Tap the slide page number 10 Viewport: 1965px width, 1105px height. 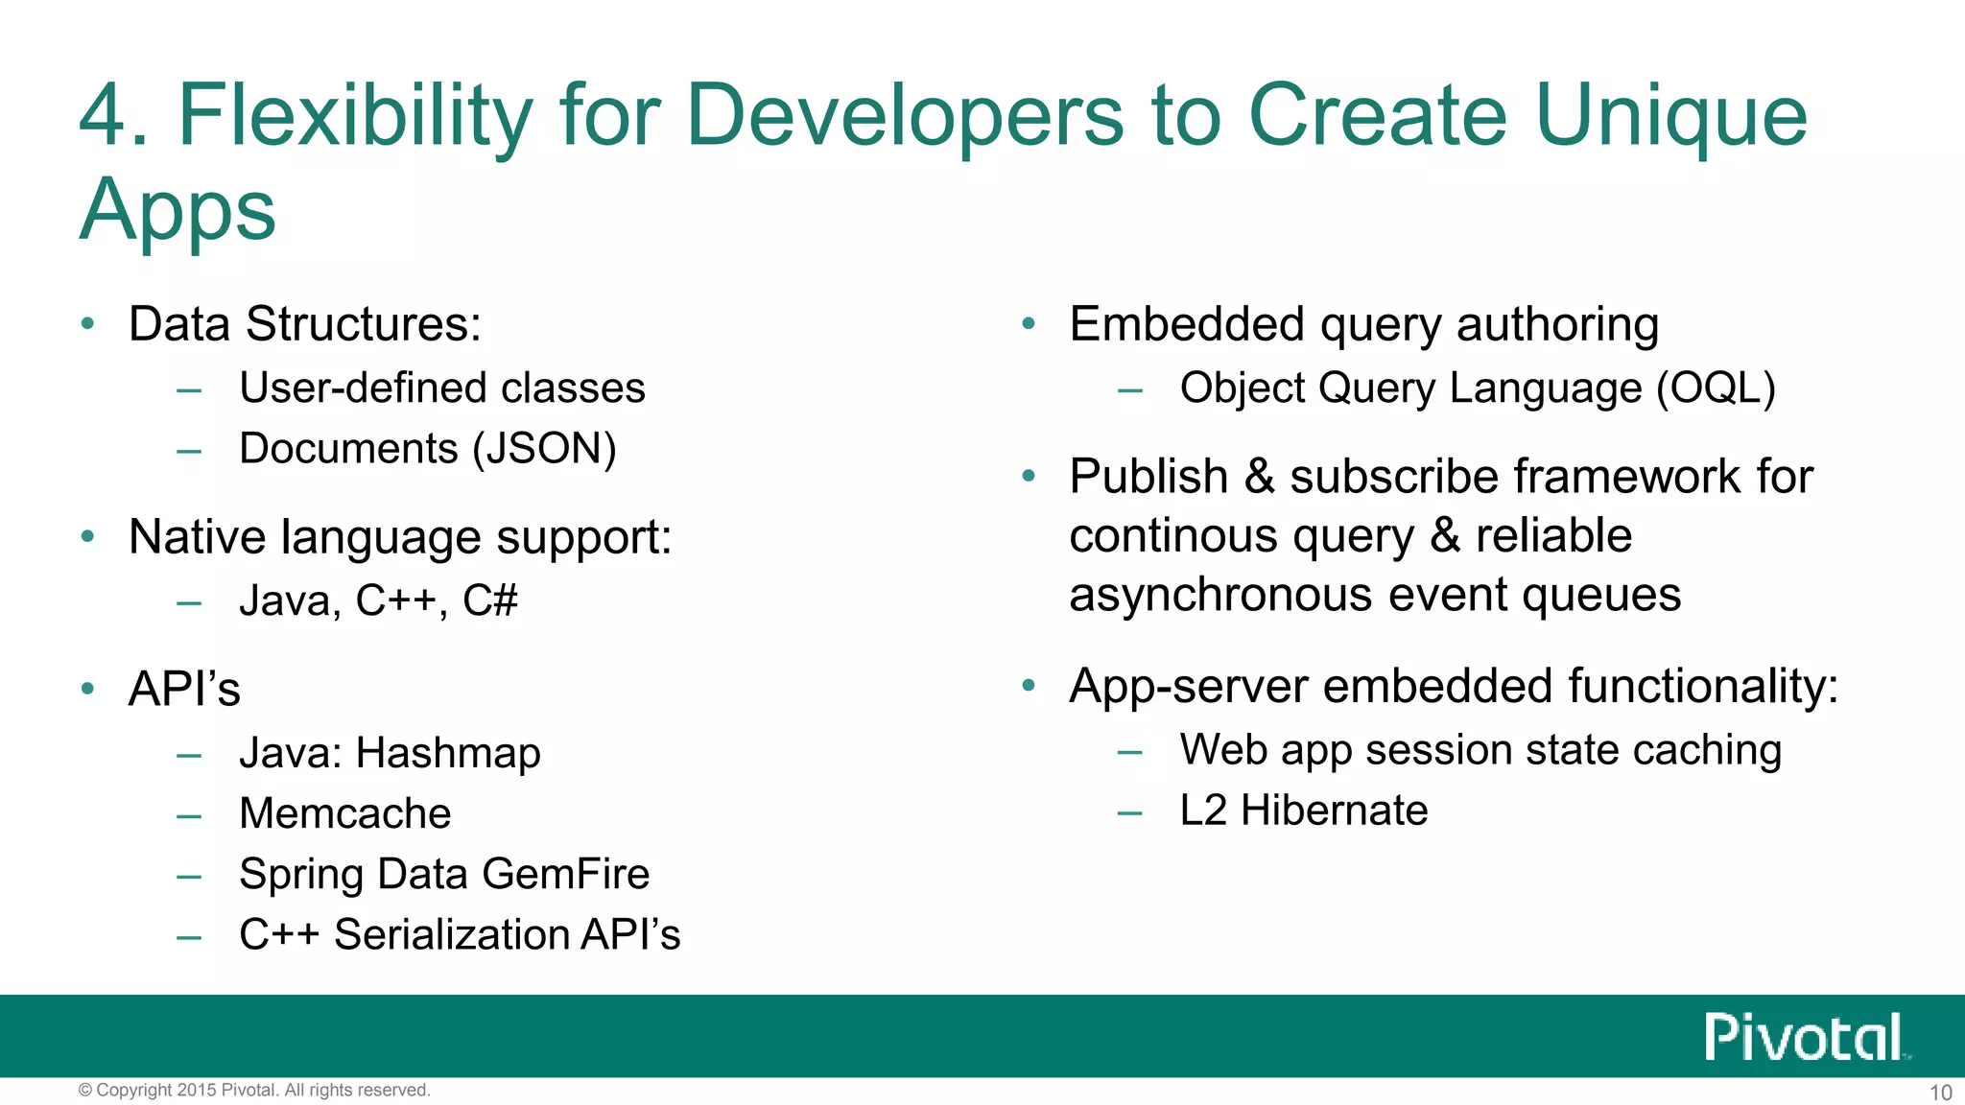click(x=1940, y=1093)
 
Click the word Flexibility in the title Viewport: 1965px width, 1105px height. click(x=354, y=117)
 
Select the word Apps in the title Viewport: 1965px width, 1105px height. click(x=178, y=211)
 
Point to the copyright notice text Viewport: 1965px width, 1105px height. click(x=254, y=1091)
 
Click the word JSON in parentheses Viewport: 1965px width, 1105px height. click(x=544, y=449)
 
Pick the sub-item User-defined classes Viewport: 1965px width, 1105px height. click(x=441, y=388)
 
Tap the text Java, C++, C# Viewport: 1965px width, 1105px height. click(x=378, y=601)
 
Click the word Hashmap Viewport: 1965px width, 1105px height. click(x=448, y=754)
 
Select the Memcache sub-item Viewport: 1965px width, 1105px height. click(x=344, y=813)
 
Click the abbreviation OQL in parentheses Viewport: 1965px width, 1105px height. click(x=1716, y=388)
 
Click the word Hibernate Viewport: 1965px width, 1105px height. click(x=1334, y=811)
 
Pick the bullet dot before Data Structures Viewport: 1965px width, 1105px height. click(x=88, y=324)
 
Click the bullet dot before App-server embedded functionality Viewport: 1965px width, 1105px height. click(x=1029, y=686)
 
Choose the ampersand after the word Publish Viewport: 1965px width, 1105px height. click(x=1259, y=477)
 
